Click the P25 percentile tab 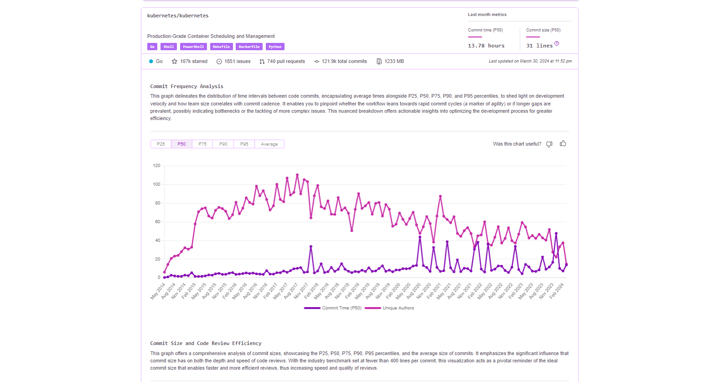161,144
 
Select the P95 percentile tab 244,144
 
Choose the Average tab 269,144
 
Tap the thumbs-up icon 563,143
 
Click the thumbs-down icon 549,144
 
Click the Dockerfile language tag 249,47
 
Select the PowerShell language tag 193,47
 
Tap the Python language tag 275,47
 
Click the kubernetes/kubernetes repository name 178,16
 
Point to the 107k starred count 193,61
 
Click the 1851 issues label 237,61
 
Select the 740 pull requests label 286,61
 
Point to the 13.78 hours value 486,46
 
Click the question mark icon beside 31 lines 557,44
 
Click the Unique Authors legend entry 398,308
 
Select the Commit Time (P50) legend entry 342,308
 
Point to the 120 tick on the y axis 157,166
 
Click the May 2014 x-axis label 158,291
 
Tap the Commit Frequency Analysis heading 186,86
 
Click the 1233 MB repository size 394,61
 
